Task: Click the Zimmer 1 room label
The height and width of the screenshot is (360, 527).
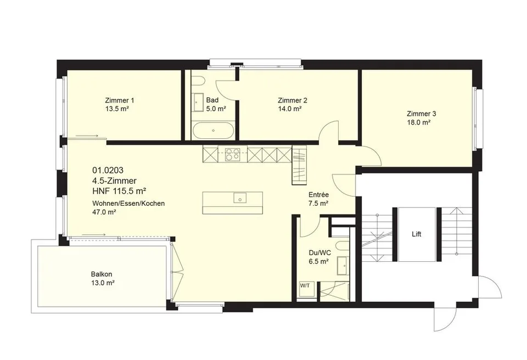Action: (x=120, y=100)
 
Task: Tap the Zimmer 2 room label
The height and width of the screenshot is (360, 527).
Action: (x=293, y=100)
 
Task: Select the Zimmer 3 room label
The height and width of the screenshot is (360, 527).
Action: (x=422, y=114)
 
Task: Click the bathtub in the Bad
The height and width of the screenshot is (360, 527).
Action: (x=213, y=131)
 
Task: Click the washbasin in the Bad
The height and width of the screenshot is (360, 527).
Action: (x=198, y=102)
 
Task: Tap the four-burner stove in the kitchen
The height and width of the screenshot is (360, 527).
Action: (x=232, y=154)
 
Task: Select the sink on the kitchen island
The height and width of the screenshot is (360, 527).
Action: (x=240, y=198)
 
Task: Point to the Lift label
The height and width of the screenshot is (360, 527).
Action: (x=417, y=234)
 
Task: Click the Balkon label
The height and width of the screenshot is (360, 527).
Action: (x=101, y=274)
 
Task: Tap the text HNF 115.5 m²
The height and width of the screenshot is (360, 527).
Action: (x=119, y=191)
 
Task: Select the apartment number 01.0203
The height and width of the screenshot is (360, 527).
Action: (x=105, y=170)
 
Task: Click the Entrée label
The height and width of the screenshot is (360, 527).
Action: (x=318, y=195)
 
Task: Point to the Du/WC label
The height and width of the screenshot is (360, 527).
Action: (x=318, y=253)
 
